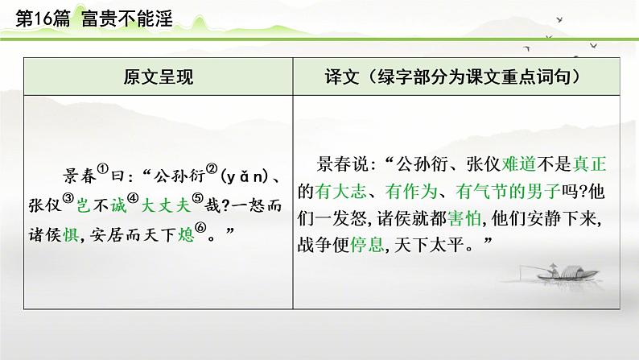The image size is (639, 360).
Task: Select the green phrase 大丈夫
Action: [x=164, y=205]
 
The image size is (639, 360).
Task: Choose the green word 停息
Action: [x=369, y=246]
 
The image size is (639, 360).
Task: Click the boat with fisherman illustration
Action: [x=555, y=277]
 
